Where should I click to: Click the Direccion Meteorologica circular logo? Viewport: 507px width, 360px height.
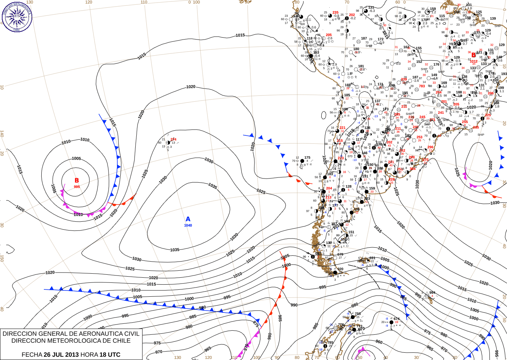(x=17, y=16)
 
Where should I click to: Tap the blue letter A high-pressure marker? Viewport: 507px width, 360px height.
(x=188, y=219)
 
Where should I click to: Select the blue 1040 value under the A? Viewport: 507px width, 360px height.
(x=188, y=225)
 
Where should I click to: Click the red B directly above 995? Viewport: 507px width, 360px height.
(x=77, y=180)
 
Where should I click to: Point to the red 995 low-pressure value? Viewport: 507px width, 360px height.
(x=77, y=187)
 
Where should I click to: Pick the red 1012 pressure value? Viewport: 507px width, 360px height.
(x=473, y=61)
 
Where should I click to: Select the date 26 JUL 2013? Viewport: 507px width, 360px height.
(x=61, y=355)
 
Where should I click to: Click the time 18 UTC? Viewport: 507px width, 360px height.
(x=110, y=355)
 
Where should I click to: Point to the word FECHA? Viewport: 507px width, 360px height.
(x=32, y=355)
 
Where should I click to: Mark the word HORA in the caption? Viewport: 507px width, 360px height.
(x=89, y=355)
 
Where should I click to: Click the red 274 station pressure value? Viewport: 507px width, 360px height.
(x=173, y=139)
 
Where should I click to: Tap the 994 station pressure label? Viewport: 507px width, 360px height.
(x=432, y=293)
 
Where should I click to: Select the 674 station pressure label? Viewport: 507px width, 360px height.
(x=397, y=319)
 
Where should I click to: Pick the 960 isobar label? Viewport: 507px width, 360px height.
(x=379, y=342)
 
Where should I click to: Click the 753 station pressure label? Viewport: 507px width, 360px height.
(x=357, y=314)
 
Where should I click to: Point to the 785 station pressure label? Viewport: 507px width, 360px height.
(x=330, y=343)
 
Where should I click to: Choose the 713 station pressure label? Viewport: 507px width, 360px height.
(x=360, y=326)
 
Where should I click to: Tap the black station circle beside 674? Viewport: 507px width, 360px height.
(x=391, y=322)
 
